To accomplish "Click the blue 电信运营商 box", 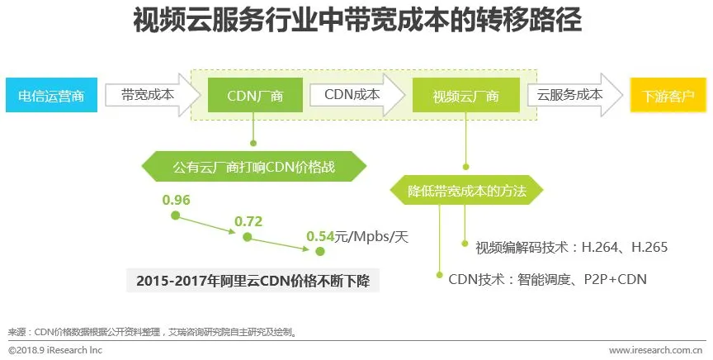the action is click(x=51, y=95).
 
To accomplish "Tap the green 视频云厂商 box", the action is click(x=465, y=96).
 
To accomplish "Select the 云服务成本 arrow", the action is click(x=570, y=95).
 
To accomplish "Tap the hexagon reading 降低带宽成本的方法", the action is click(x=465, y=191).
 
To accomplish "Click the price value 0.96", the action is click(x=177, y=199).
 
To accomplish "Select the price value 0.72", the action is click(x=248, y=221).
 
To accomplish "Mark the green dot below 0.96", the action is click(x=175, y=216).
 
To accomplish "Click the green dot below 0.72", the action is click(x=246, y=237).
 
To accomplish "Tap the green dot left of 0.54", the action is click(x=319, y=252).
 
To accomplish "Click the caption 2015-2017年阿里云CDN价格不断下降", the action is click(x=253, y=282).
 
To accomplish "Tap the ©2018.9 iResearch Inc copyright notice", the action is click(x=55, y=350).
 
